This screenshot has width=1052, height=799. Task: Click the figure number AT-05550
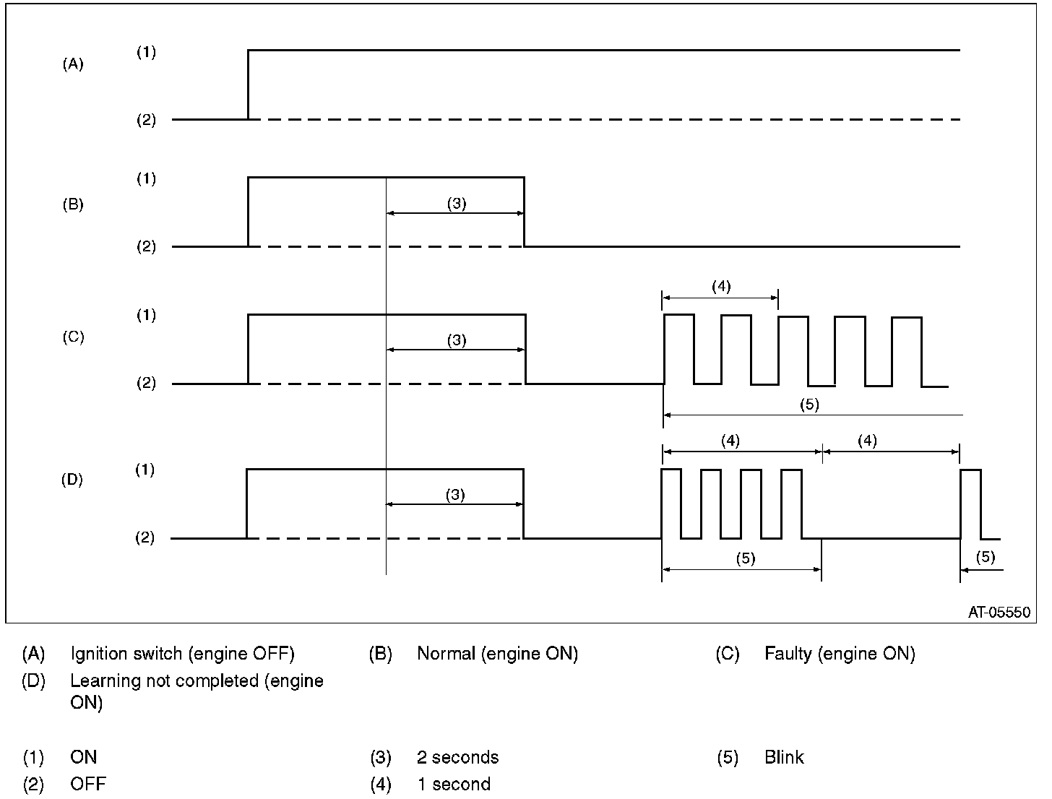[x=999, y=612]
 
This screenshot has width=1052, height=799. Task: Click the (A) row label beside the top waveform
[x=72, y=64]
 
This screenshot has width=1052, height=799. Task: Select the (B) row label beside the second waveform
[x=72, y=204]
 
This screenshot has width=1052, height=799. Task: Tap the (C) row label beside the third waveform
[x=72, y=337]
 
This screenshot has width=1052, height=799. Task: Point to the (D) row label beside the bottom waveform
[x=72, y=479]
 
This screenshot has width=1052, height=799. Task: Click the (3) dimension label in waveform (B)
[x=456, y=204]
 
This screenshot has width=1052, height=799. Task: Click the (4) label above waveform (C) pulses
[x=720, y=287]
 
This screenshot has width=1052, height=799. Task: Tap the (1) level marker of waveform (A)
[x=147, y=52]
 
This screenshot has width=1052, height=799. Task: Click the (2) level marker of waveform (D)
[x=146, y=538]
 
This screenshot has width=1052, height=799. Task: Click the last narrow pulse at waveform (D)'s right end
[x=970, y=504]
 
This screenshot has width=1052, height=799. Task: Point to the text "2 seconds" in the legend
[x=457, y=758]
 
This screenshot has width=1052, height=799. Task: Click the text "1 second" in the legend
[x=453, y=785]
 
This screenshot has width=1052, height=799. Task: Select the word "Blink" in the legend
[x=784, y=758]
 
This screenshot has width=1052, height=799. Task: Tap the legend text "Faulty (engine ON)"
[x=840, y=655]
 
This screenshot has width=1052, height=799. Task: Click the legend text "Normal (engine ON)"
[x=497, y=655]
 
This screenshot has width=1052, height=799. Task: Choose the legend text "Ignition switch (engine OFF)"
[x=182, y=655]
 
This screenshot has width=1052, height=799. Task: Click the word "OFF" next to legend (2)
[x=87, y=785]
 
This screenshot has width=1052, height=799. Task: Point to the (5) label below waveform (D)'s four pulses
[x=745, y=558]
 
